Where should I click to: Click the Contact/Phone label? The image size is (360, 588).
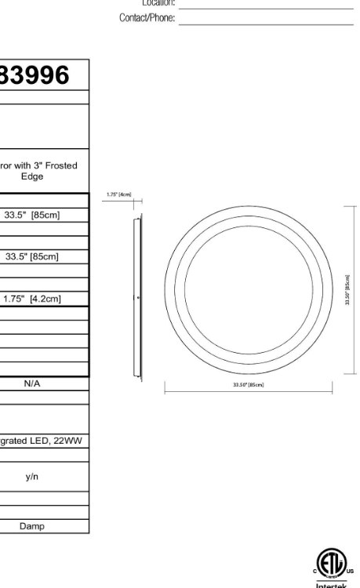point(147,17)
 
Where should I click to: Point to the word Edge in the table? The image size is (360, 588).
point(32,176)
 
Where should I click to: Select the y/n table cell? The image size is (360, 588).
point(32,477)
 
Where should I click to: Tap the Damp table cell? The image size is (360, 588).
point(32,526)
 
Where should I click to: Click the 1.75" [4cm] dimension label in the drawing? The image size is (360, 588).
point(119,194)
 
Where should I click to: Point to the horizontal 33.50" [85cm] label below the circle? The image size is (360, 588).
point(248,385)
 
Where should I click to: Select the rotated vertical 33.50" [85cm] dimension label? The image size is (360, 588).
point(347,291)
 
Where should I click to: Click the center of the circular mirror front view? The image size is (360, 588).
point(248,291)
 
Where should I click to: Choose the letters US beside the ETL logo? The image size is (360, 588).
point(349,572)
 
